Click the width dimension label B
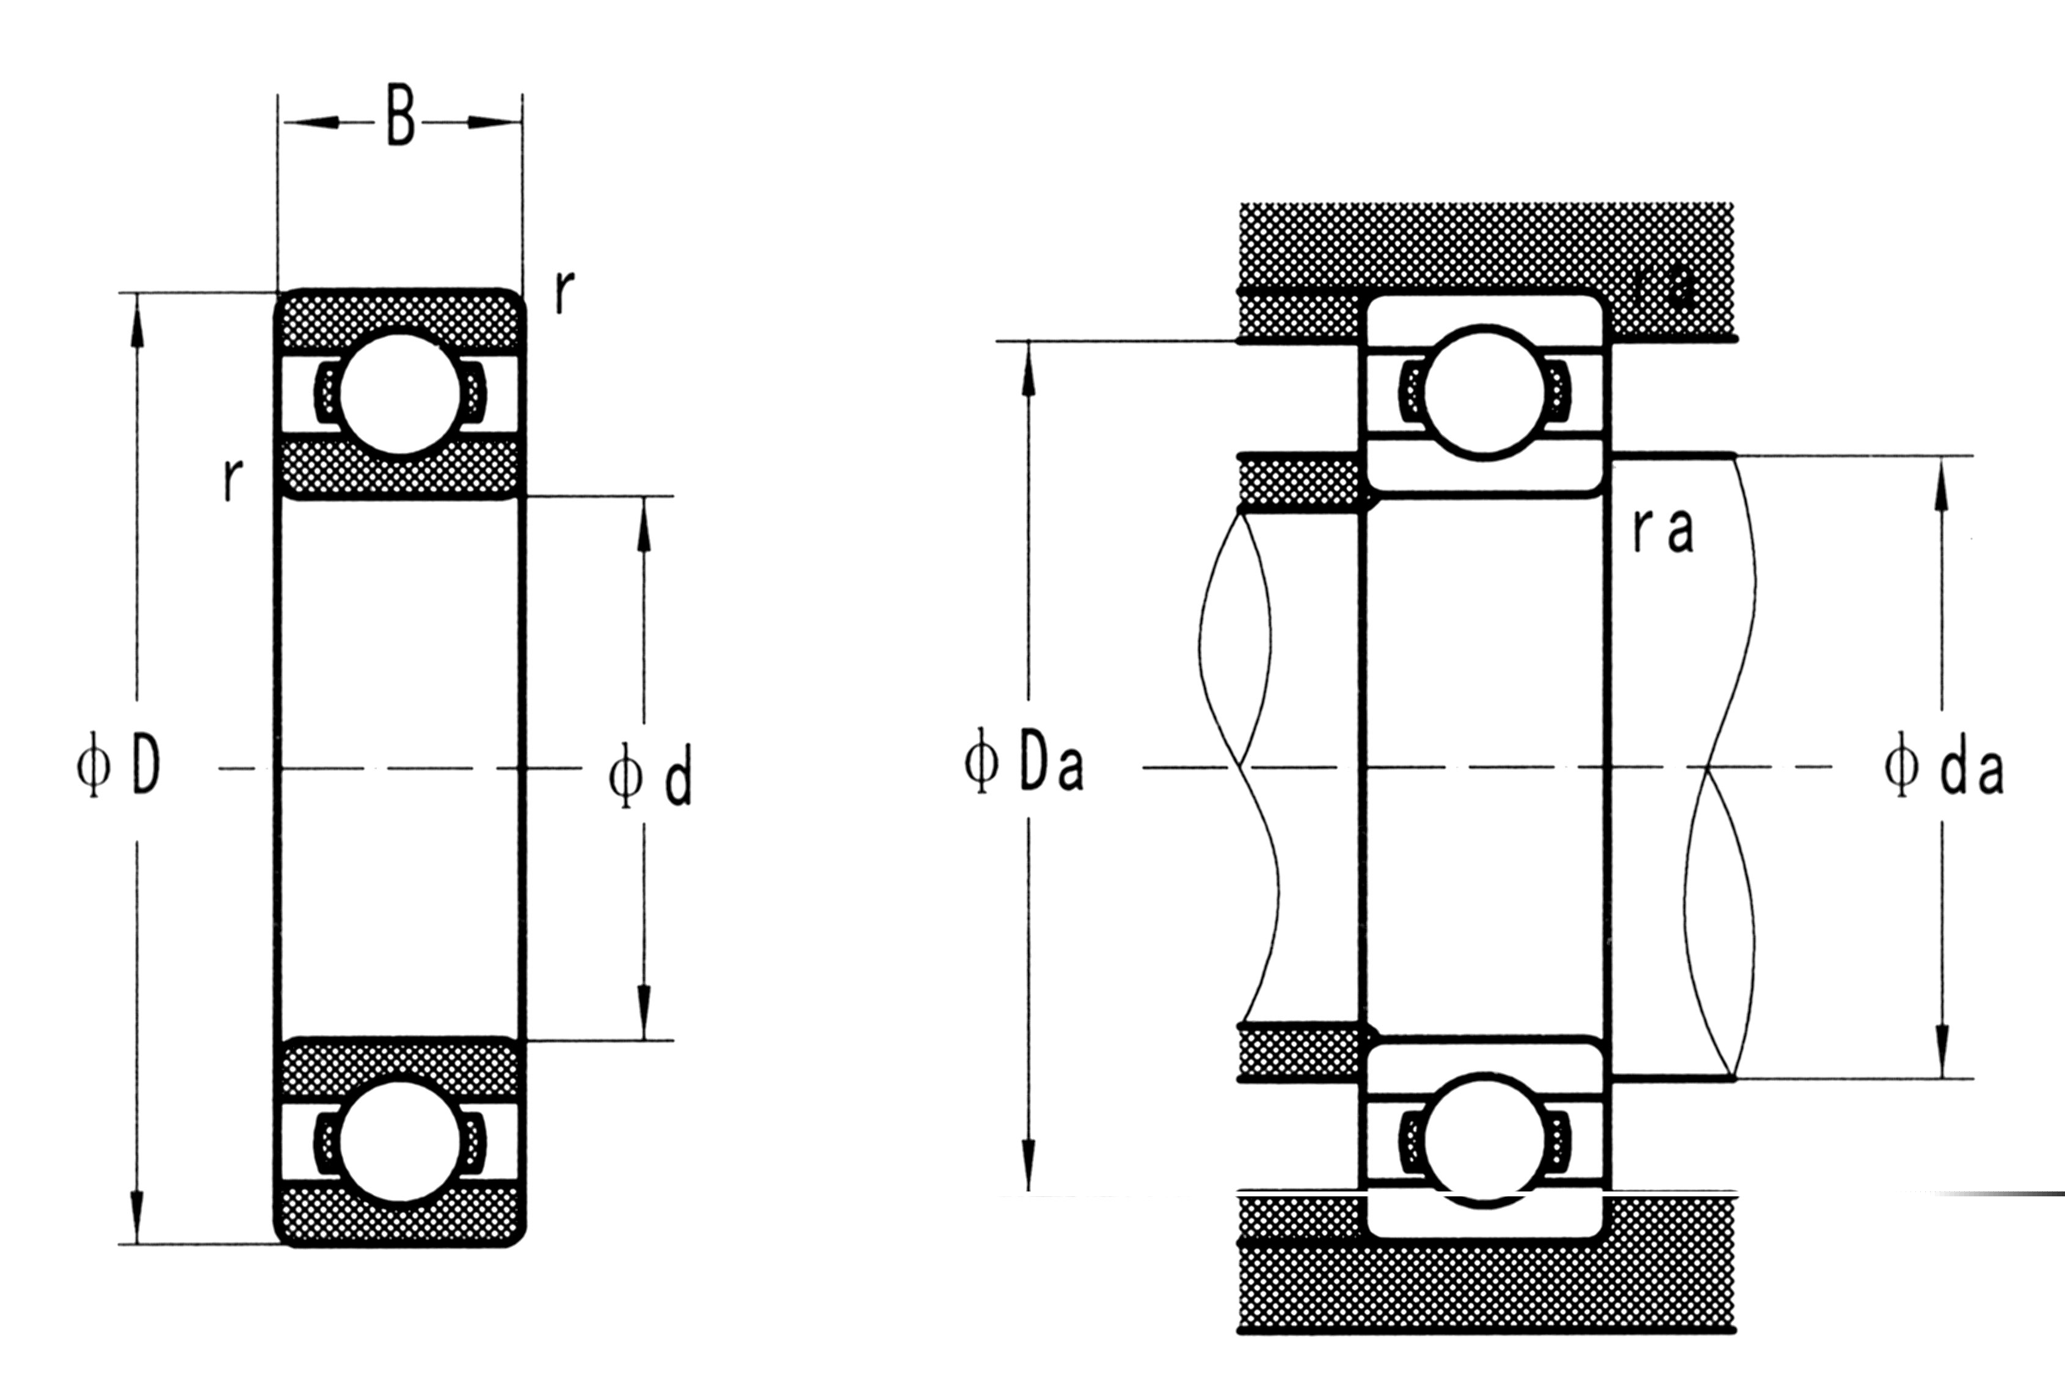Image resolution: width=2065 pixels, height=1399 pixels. point(401,115)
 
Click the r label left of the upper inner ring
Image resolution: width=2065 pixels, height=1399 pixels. point(232,480)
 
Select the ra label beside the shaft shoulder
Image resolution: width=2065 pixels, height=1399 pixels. point(1663,531)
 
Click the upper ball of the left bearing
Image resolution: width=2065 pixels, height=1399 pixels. point(400,394)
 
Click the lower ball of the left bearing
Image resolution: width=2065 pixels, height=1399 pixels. point(400,1142)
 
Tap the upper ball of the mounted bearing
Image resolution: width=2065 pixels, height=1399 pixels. point(1484,392)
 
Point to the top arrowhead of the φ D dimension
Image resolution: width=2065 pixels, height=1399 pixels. point(137,320)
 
